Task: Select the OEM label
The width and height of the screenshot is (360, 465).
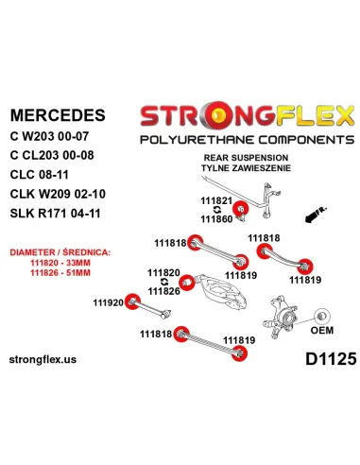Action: pos(325,330)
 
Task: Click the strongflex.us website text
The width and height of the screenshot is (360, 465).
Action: pos(54,360)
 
